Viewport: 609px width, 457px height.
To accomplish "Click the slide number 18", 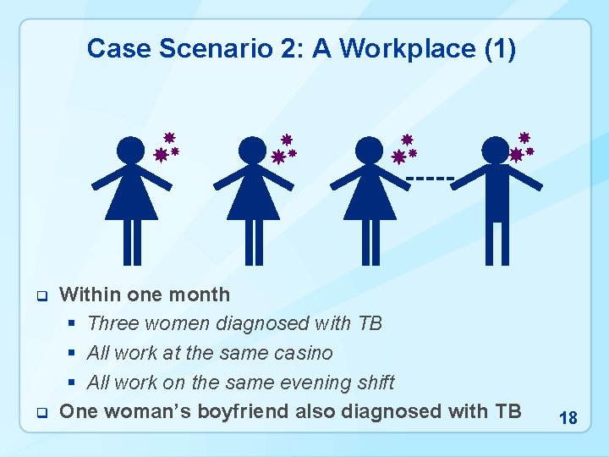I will [568, 418].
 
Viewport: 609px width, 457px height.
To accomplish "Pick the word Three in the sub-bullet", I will [114, 324].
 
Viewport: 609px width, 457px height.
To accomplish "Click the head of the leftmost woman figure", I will [131, 150].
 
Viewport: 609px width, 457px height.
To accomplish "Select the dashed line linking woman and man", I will [431, 178].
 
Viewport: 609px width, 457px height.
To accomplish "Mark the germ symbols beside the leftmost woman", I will [167, 147].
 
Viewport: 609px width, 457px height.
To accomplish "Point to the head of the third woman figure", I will [369, 150].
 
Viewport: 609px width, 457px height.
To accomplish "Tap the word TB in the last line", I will [506, 412].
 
